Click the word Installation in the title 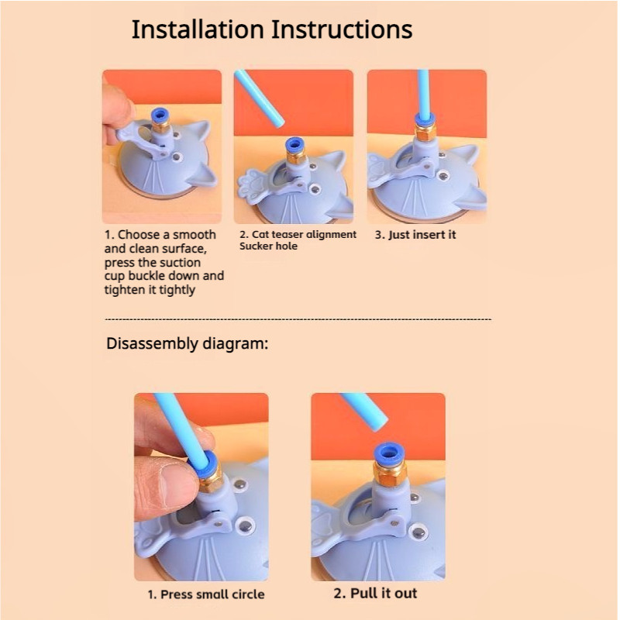point(198,29)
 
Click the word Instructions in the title point(342,29)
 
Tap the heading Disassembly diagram point(187,343)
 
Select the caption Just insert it point(415,235)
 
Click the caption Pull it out point(375,593)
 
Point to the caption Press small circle point(206,594)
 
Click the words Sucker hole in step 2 point(268,246)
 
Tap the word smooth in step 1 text point(195,235)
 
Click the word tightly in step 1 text point(177,290)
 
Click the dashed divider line point(298,319)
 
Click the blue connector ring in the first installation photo point(160,115)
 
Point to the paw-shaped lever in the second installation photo point(253,186)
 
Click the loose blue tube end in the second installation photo point(278,122)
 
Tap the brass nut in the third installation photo point(425,131)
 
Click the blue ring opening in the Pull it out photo point(389,451)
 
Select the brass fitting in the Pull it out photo point(390,474)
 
